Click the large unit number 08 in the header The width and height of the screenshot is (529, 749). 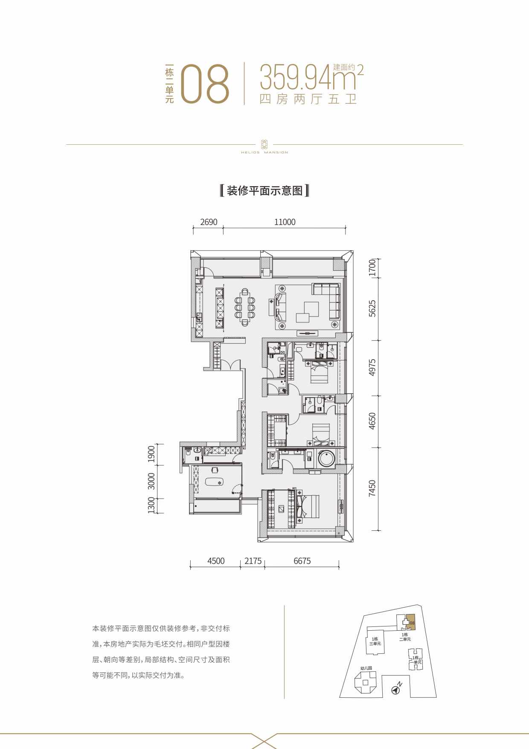tap(206, 84)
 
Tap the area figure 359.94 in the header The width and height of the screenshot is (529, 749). tap(295, 77)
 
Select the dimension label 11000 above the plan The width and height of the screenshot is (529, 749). tap(285, 222)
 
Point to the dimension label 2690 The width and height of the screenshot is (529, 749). tap(209, 222)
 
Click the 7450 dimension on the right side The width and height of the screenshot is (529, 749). tap(372, 488)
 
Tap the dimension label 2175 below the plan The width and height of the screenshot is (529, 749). tap(253, 561)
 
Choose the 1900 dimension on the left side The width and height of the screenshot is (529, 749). tap(151, 454)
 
